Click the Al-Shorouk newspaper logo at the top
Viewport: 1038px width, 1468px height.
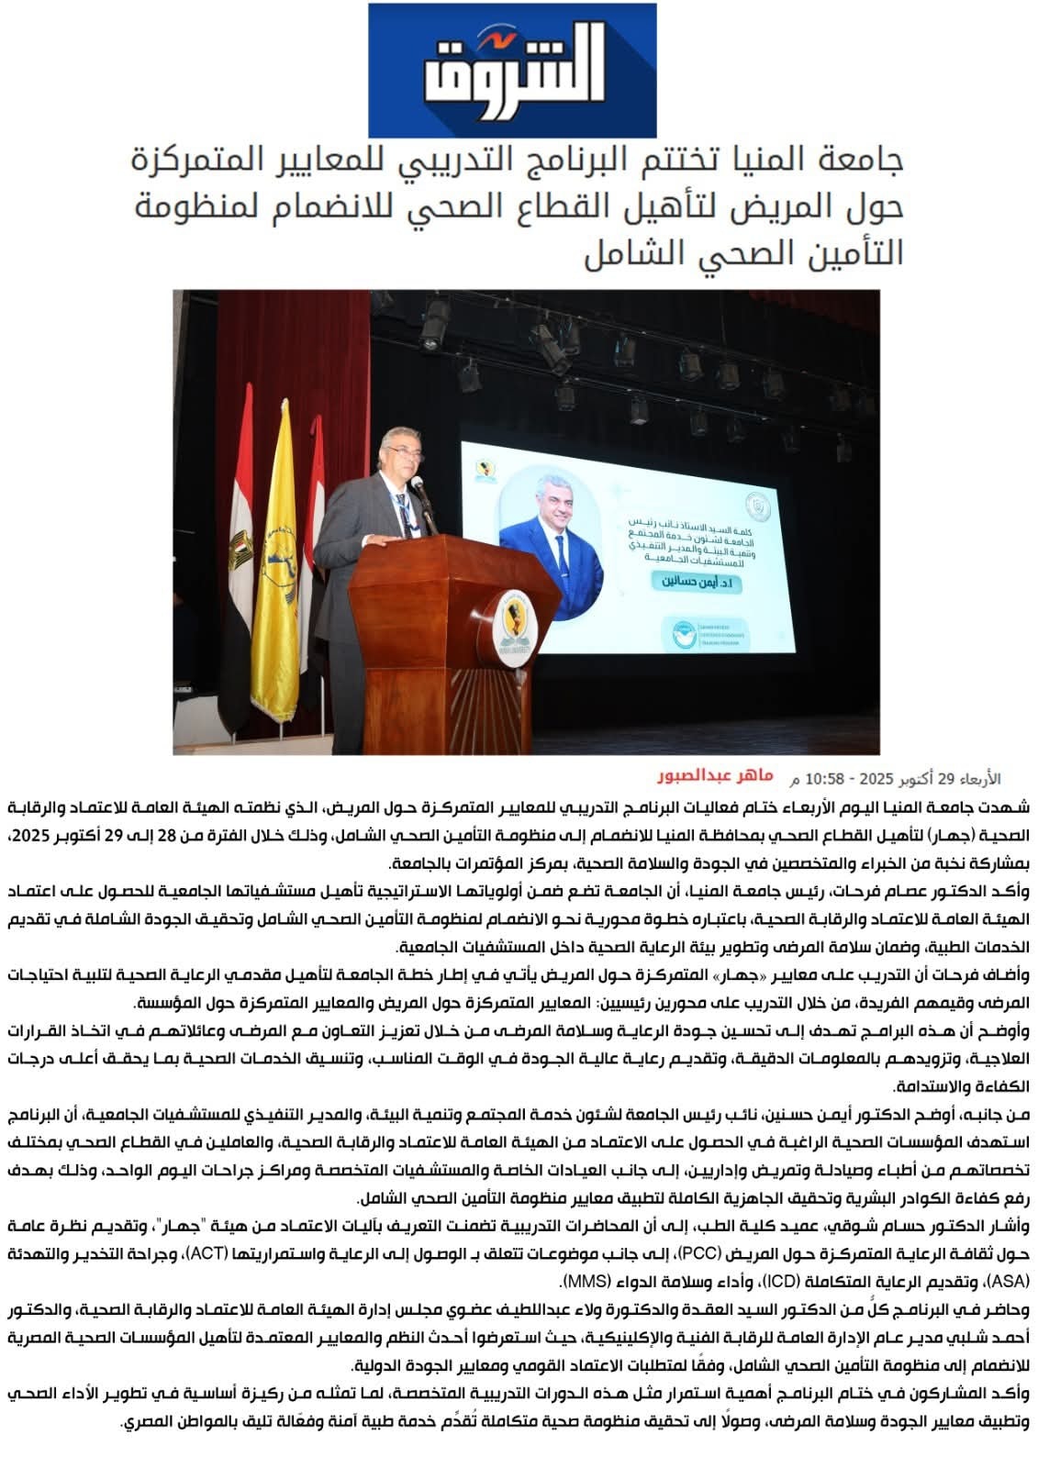pos(513,70)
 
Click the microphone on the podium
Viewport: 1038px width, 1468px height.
pos(419,485)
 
